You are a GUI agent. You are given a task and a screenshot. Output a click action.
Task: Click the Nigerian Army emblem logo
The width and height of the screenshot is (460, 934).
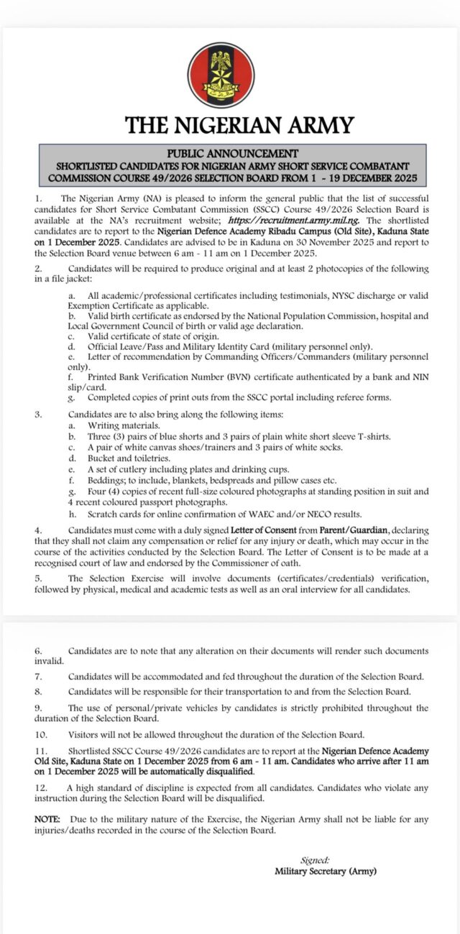tap(221, 75)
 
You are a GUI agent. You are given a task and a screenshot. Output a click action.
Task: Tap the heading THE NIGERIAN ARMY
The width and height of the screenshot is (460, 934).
tap(239, 125)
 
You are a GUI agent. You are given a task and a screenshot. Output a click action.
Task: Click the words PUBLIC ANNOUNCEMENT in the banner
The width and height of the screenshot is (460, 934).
tap(231, 153)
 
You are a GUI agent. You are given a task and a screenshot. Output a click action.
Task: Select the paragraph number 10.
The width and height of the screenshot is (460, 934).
tap(40, 734)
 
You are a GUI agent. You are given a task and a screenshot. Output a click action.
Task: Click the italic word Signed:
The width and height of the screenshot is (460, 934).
tap(315, 860)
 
